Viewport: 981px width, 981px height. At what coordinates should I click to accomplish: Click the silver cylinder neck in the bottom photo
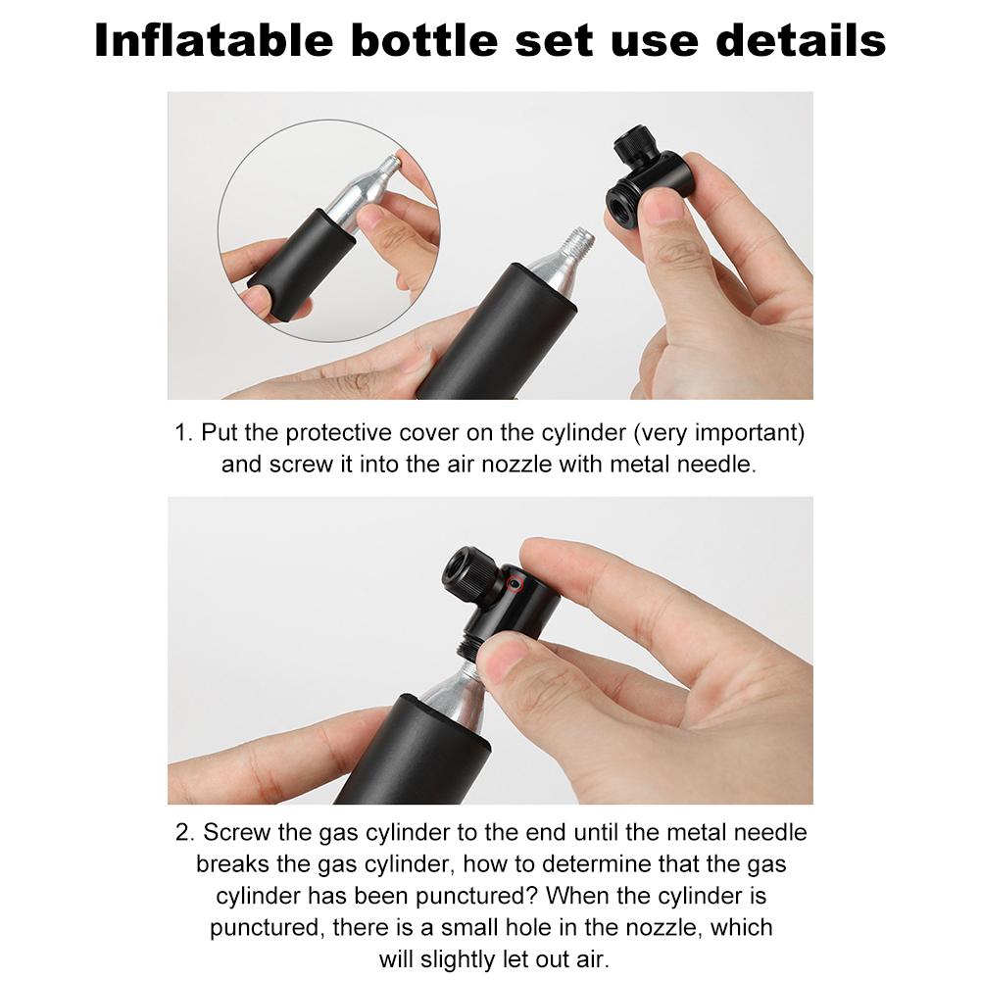click(453, 692)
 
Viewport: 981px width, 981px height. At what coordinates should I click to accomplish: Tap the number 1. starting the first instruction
click(184, 432)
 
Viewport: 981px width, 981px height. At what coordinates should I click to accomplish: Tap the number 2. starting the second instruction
click(185, 833)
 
